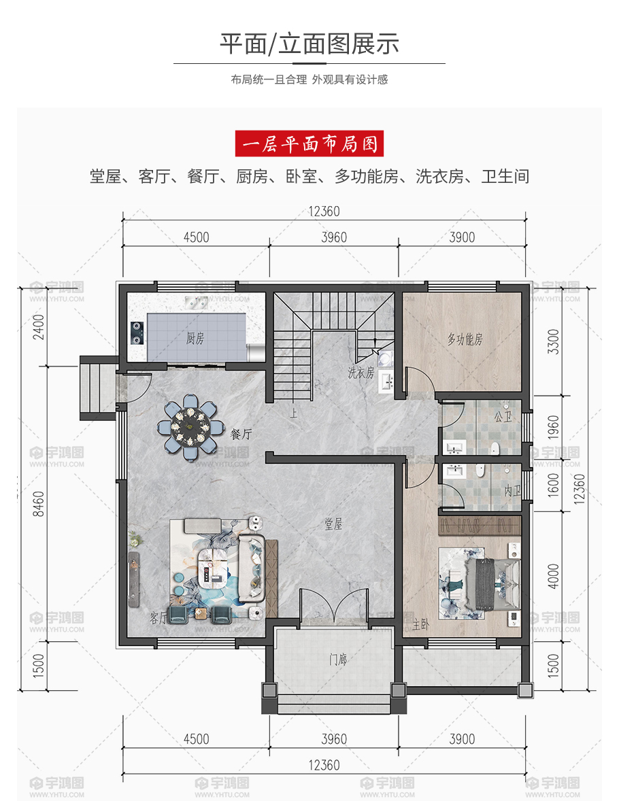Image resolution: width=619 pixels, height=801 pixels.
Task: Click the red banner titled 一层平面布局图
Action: (309, 143)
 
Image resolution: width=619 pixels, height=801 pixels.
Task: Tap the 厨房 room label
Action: (195, 338)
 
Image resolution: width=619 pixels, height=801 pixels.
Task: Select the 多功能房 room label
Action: (465, 339)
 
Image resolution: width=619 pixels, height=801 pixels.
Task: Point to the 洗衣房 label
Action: (361, 373)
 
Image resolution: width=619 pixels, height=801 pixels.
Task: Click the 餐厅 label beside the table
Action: (241, 434)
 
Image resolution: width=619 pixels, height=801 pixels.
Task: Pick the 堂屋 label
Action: (333, 524)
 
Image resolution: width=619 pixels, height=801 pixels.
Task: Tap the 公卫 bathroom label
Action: (503, 417)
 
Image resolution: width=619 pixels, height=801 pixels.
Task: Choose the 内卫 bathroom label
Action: (512, 491)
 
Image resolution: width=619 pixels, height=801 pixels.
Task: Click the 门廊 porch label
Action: (338, 660)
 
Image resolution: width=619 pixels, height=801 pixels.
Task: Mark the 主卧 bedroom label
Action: (420, 624)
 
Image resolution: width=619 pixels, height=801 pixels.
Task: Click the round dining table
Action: (190, 426)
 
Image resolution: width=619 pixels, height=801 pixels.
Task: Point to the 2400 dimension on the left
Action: (39, 327)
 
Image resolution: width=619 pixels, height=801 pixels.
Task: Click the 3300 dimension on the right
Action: (554, 341)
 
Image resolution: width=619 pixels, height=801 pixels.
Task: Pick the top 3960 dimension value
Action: (334, 237)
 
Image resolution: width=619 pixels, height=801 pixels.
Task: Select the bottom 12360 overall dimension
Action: (324, 765)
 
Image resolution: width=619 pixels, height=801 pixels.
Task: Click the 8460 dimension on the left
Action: (39, 504)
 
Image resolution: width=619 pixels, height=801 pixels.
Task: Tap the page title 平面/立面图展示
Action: (309, 44)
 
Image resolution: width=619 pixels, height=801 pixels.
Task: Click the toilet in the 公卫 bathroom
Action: (495, 448)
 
